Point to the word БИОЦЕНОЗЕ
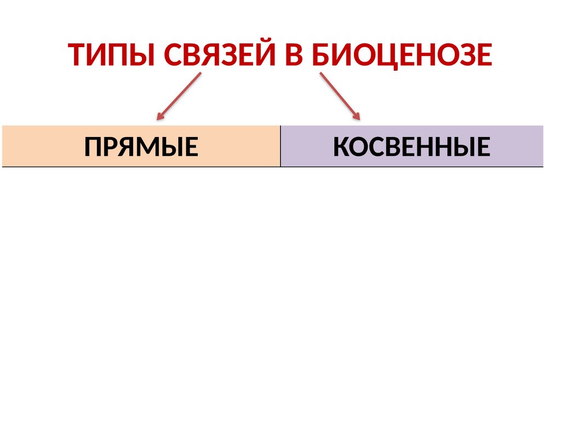coord(403,55)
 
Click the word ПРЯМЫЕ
coord(141,147)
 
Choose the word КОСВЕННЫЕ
coord(411,147)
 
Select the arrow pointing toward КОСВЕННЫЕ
coord(340,96)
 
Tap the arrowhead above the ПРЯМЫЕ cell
coord(160,116)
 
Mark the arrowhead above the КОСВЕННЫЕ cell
coord(357,116)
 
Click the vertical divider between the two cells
coord(280,146)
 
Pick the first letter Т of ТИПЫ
coord(77,55)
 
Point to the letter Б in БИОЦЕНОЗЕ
coord(322,55)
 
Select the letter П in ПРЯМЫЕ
coord(93,147)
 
